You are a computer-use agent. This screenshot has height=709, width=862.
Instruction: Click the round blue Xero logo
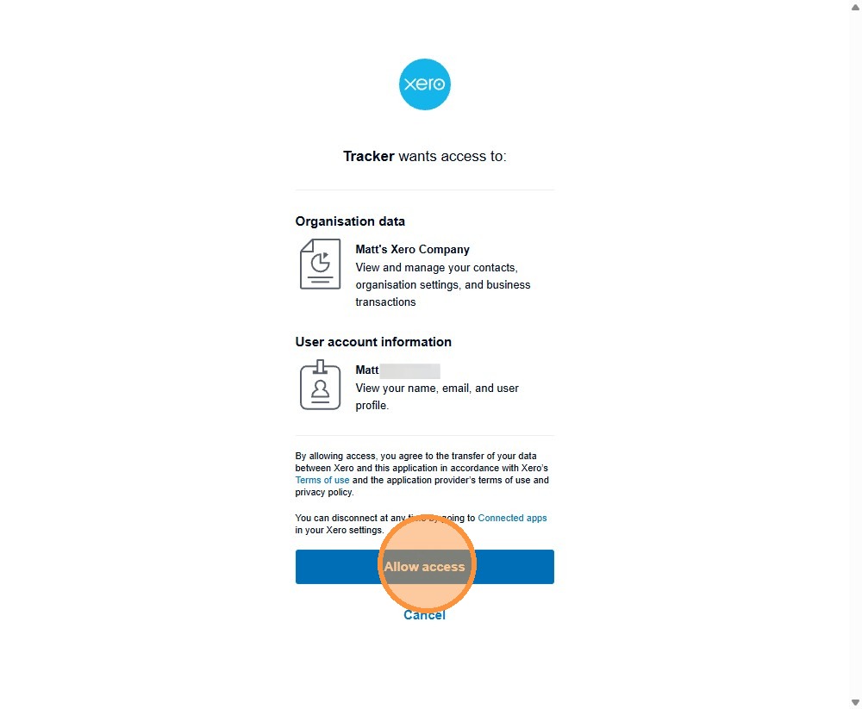(425, 84)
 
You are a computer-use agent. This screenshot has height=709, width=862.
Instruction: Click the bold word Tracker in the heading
(368, 156)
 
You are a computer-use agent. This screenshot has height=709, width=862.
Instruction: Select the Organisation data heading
(350, 221)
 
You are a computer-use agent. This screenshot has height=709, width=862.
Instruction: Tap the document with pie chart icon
(320, 264)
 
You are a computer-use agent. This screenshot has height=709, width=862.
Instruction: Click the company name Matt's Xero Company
(412, 249)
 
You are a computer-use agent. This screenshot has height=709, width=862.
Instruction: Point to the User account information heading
(373, 342)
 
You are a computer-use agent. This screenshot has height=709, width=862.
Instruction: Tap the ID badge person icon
(320, 385)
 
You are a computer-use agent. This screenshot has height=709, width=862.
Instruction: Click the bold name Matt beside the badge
(367, 370)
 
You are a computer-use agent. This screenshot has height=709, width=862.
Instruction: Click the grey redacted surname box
(410, 370)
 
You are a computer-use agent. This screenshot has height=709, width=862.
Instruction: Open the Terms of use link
(322, 480)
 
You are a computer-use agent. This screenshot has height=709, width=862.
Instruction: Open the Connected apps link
(512, 518)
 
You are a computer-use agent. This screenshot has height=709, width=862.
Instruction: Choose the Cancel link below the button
(424, 615)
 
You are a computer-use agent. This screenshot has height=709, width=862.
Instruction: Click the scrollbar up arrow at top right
(855, 6)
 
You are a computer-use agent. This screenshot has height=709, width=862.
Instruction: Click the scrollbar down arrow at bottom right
(855, 702)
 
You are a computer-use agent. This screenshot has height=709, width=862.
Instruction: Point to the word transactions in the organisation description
(385, 302)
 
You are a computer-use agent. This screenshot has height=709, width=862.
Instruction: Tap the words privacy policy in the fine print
(324, 492)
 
